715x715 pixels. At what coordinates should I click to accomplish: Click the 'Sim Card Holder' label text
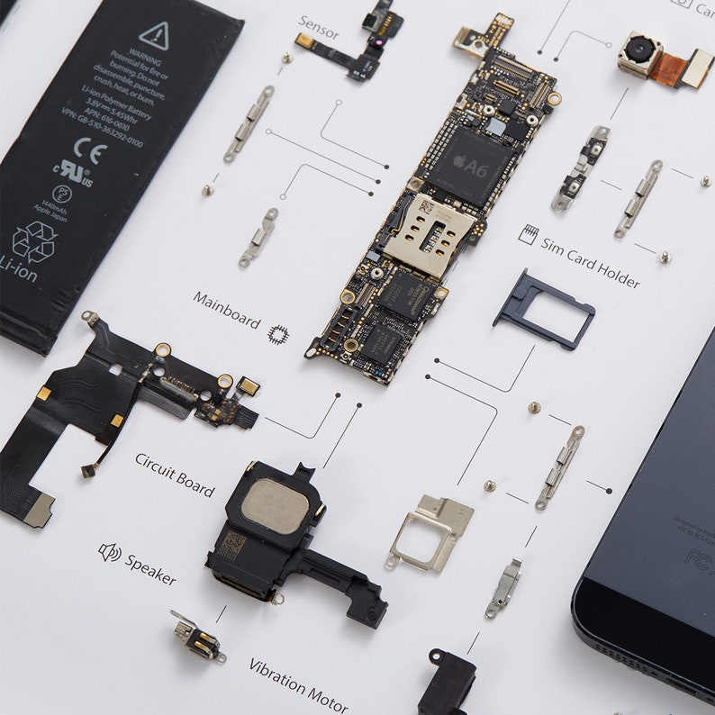(590, 262)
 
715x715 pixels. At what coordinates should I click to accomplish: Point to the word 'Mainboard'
(226, 310)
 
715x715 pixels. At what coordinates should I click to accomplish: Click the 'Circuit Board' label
(175, 475)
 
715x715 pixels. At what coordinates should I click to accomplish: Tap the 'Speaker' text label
(150, 569)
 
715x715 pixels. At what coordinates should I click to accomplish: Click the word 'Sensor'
(318, 28)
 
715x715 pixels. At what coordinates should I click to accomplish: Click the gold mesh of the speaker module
(275, 505)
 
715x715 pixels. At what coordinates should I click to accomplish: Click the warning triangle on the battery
(154, 36)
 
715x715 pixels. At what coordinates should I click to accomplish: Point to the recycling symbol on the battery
(35, 241)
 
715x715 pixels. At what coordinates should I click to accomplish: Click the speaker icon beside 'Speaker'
(109, 552)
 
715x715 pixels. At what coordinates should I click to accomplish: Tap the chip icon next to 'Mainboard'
(278, 334)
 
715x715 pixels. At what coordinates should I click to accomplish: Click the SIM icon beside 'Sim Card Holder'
(528, 235)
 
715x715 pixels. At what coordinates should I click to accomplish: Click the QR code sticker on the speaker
(232, 544)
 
